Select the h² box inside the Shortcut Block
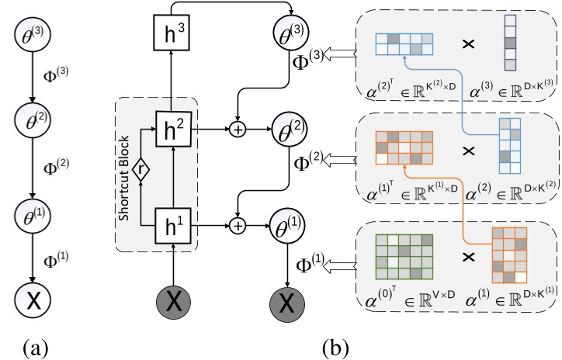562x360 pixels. (173, 126)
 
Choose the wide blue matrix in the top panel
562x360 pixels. (404, 43)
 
